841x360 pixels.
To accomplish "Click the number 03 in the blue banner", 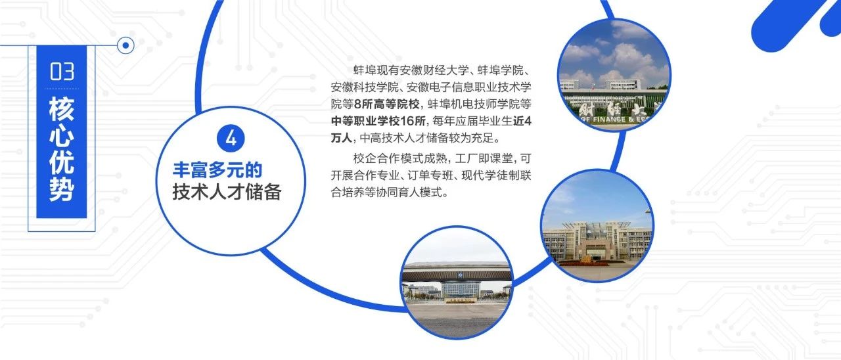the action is (62, 72).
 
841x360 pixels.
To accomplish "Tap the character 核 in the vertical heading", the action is (62, 109).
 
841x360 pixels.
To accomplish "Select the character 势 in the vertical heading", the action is (62, 189).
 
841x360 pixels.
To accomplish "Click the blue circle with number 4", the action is (231, 139).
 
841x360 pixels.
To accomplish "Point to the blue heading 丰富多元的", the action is (217, 170).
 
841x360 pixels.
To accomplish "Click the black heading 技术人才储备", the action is (227, 192).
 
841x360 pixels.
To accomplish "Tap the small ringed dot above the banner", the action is (125, 45).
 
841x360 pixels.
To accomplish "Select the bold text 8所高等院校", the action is (387, 104).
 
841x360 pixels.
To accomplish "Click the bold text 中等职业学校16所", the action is (378, 121).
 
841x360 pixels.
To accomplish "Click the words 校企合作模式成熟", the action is (399, 158).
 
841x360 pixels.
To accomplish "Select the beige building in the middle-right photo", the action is (597, 242).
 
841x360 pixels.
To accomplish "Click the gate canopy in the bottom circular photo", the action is (457, 272).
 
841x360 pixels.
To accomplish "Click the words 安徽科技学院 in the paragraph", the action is (365, 87).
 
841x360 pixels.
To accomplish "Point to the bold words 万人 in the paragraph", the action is (342, 138).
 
